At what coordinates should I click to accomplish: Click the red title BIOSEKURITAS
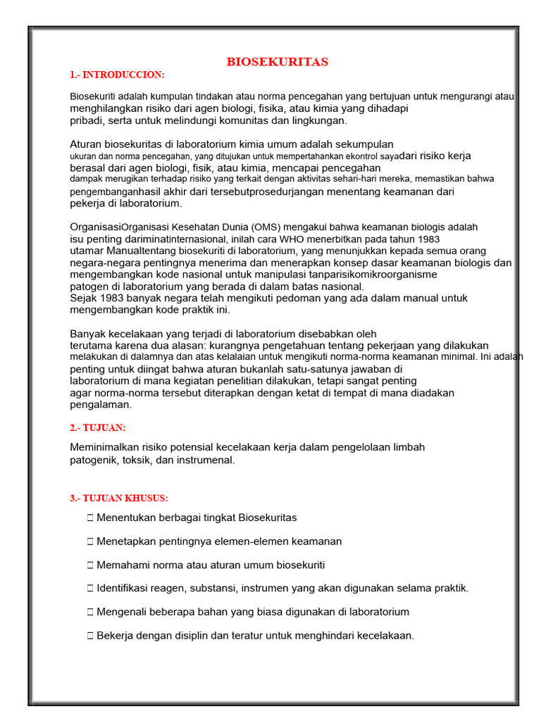pos(277,62)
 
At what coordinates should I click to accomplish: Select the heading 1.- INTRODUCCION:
pos(117,75)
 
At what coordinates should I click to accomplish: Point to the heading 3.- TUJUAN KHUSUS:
pos(119,498)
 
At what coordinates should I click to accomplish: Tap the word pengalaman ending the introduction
pos(101,405)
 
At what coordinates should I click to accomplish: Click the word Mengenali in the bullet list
pos(122,612)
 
